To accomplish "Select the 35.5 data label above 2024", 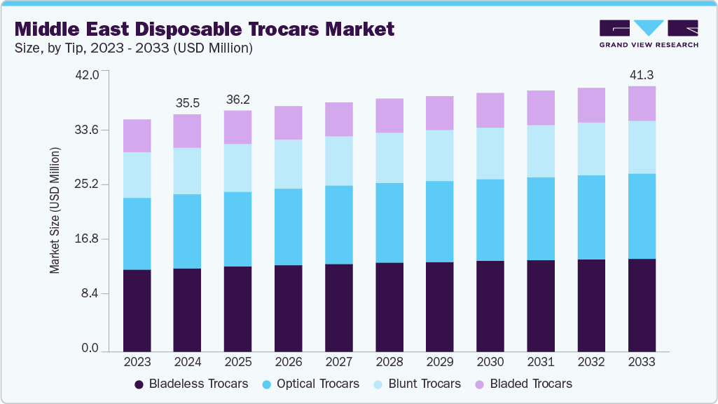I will pyautogui.click(x=188, y=102).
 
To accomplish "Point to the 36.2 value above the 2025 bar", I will pyautogui.click(x=238, y=99).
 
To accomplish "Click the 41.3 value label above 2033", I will pyautogui.click(x=642, y=74).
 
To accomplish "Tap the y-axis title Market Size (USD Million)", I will pyautogui.click(x=55, y=211).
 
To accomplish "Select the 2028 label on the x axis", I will pyautogui.click(x=389, y=362).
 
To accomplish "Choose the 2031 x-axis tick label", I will pyautogui.click(x=541, y=362).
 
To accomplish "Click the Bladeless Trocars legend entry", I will pyautogui.click(x=191, y=384).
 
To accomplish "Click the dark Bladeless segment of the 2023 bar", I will pyautogui.click(x=137, y=310).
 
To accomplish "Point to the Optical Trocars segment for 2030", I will pyautogui.click(x=490, y=220).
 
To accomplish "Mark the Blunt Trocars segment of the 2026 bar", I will pyautogui.click(x=289, y=164).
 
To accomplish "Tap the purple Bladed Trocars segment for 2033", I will pyautogui.click(x=642, y=104).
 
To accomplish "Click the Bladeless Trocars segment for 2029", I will pyautogui.click(x=440, y=307).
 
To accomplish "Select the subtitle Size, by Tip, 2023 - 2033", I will pyautogui.click(x=134, y=48).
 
